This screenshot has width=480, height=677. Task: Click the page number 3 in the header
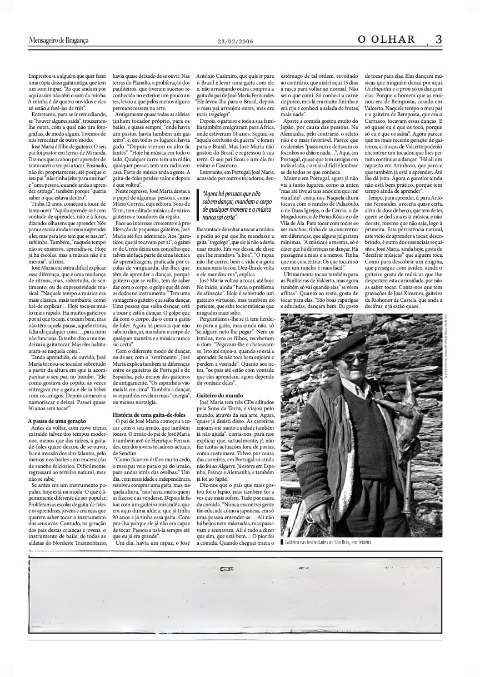click(438, 39)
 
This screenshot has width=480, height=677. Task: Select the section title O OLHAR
click(387, 39)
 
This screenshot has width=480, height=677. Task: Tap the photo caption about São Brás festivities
click(328, 541)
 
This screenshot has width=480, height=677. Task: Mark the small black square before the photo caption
click(282, 541)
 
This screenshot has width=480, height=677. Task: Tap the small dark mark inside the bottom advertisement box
click(226, 569)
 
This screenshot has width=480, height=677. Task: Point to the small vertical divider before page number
click(427, 41)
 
